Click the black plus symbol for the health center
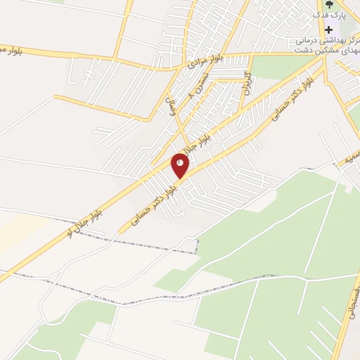[328, 30]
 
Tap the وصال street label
[174, 109]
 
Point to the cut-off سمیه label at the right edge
[352, 159]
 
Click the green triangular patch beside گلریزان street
[271, 65]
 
